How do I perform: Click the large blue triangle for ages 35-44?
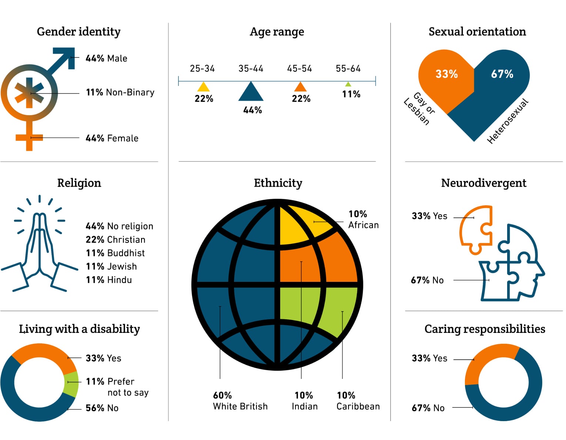point(251,93)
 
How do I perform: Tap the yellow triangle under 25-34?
point(203,88)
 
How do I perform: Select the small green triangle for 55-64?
point(348,84)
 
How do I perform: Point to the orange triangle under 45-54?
point(300,88)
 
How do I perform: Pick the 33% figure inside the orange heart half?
point(446,74)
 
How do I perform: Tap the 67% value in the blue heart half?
point(502,74)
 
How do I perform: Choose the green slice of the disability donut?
point(71,383)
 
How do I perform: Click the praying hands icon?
point(39,248)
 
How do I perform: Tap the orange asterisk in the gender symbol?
point(29,93)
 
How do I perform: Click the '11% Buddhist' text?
point(115,253)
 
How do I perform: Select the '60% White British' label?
point(240,401)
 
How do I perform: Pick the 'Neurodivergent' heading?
point(483,183)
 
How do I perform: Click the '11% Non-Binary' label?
point(120,92)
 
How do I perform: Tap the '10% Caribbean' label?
point(358,401)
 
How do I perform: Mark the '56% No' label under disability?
point(102,408)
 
